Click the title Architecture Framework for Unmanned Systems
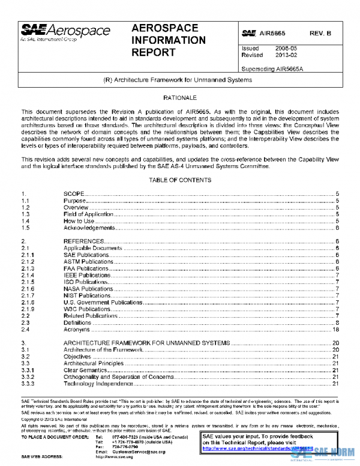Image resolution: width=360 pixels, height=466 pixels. [x=178, y=80]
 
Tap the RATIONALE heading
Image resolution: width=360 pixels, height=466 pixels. [x=179, y=97]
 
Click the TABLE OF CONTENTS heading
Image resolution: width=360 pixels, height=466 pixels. [x=179, y=180]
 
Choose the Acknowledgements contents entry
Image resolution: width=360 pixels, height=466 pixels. [x=89, y=228]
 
